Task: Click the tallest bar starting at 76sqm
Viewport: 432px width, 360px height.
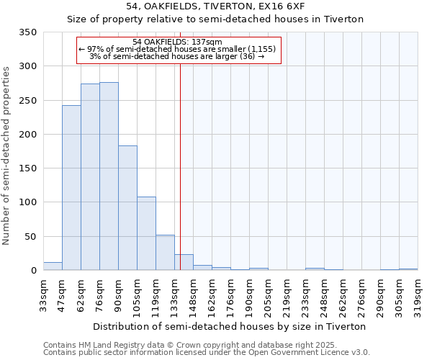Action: pos(109,176)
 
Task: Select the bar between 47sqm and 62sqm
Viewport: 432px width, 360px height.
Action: pos(71,188)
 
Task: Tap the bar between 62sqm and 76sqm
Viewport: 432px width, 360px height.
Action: pos(90,177)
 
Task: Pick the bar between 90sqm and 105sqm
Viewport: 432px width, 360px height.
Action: pos(127,208)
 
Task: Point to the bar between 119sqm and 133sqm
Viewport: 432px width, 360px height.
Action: pos(165,253)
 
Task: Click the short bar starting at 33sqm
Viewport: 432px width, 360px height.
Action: pos(53,266)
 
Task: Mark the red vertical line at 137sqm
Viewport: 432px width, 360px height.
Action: pos(180,166)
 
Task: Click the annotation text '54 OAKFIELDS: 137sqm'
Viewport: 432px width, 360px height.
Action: pos(178,42)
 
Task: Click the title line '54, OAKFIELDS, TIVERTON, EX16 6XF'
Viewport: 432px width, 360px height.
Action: pos(215,6)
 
